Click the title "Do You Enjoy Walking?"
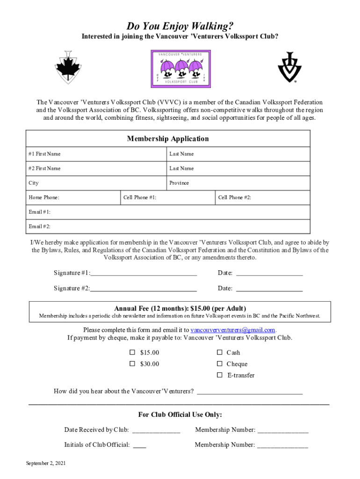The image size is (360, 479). (x=180, y=25)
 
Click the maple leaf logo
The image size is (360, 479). (x=69, y=67)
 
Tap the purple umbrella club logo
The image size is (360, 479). (x=180, y=69)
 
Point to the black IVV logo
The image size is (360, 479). (x=290, y=67)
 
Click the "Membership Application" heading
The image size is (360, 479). (x=168, y=139)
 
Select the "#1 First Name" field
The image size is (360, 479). (x=96, y=154)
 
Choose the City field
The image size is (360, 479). (x=96, y=183)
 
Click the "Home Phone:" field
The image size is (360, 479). (x=73, y=197)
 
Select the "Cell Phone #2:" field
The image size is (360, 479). (x=262, y=197)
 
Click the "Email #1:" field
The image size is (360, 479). (x=168, y=212)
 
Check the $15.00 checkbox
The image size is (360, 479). (x=132, y=352)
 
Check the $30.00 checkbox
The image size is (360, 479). (x=132, y=364)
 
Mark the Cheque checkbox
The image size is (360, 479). (x=219, y=364)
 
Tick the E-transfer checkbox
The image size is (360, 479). (x=219, y=375)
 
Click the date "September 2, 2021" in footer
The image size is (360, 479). (x=46, y=463)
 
